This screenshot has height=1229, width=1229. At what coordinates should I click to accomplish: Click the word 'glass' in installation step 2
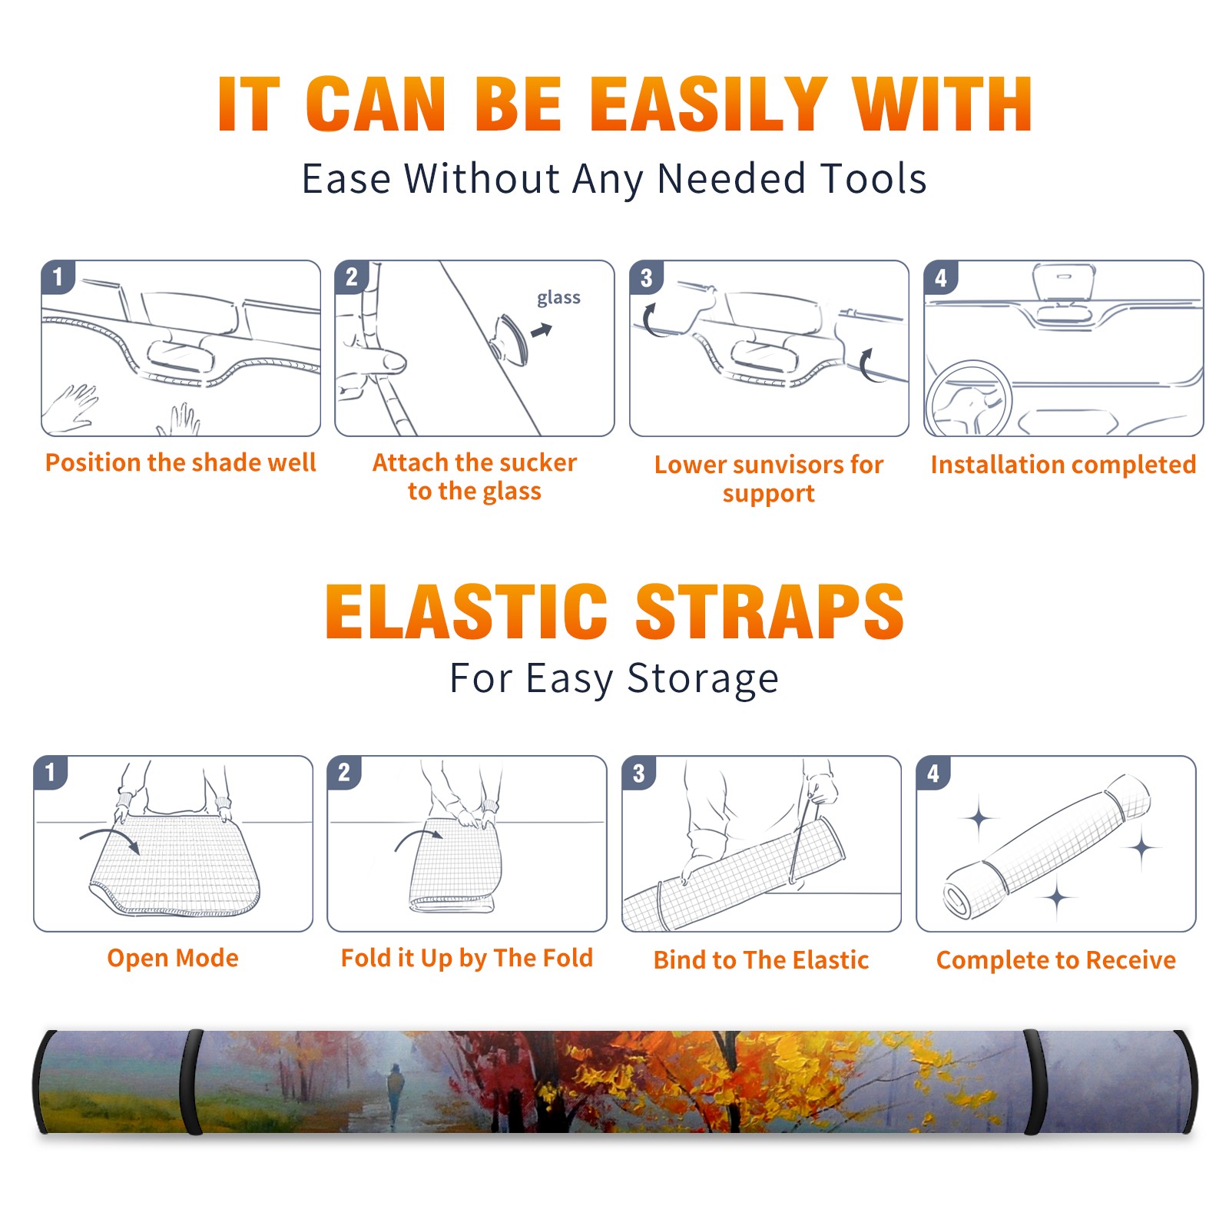pos(558,298)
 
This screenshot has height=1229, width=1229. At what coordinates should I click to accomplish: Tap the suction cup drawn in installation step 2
pos(510,339)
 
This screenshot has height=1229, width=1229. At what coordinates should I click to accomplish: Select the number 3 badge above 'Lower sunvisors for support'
pos(646,277)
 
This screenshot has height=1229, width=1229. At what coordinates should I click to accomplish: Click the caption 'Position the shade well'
pos(181,462)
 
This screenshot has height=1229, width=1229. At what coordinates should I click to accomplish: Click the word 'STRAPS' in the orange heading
pos(770,611)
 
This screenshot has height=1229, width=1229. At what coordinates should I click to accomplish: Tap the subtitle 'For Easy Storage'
pos(614,678)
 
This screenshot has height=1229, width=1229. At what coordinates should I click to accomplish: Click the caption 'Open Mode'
pos(173,958)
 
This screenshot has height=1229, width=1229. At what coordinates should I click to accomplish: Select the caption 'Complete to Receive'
pos(1056,960)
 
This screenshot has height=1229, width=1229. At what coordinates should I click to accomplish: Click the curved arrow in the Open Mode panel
pos(110,838)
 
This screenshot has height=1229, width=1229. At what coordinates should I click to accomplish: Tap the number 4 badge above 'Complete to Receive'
pos(933,773)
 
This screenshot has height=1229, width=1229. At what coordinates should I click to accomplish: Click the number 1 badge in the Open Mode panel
pos(51,772)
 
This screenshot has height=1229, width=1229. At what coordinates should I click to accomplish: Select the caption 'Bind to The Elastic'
pos(761,960)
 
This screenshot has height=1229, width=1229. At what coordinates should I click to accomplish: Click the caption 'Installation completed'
pos(1064,465)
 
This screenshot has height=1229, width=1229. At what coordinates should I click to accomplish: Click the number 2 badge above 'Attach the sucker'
pos(351,277)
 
